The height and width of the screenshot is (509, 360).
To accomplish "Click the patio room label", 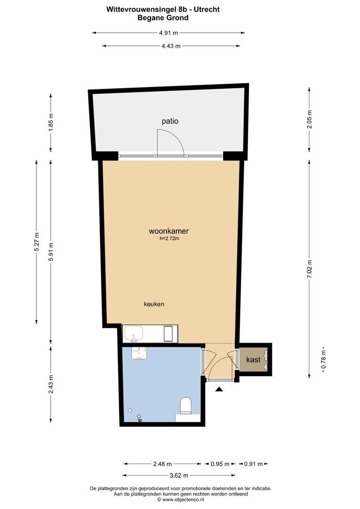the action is (170, 122).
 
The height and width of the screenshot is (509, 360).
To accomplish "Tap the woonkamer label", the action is (169, 231).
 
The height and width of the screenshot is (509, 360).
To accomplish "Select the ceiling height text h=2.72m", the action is (169, 238).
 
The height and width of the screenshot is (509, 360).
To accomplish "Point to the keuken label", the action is (154, 304).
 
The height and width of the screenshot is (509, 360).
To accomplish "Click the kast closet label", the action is (253, 359).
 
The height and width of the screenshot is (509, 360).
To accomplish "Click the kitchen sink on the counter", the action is (133, 333).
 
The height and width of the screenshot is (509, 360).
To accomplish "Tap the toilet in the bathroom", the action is (186, 405).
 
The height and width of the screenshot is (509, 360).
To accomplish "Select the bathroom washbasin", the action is (139, 353).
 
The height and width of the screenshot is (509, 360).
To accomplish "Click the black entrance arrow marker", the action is (219, 389).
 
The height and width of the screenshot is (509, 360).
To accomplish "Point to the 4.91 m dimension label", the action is (169, 33).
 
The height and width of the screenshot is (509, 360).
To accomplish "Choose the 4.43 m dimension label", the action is (171, 46).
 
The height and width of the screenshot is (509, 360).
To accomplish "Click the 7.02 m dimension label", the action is (310, 269).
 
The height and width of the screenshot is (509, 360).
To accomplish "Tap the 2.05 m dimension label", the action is (310, 119).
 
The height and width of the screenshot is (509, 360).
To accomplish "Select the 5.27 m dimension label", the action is (37, 242).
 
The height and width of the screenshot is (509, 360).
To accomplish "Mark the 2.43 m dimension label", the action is (51, 385).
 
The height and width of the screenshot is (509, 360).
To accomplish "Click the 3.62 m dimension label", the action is (179, 476).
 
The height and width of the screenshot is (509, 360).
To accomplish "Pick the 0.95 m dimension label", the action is (220, 464).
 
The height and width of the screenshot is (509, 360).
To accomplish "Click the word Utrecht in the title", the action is (207, 9).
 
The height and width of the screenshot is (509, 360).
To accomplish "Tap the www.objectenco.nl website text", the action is (183, 500).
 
